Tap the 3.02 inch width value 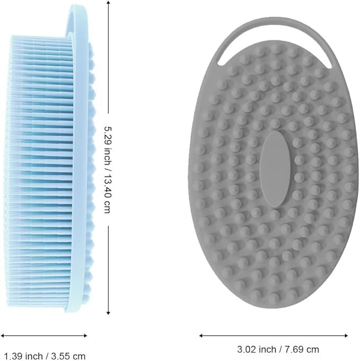(x=257, y=349)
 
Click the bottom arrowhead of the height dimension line (x=109, y=312)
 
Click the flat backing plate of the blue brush (x=79, y=159)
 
